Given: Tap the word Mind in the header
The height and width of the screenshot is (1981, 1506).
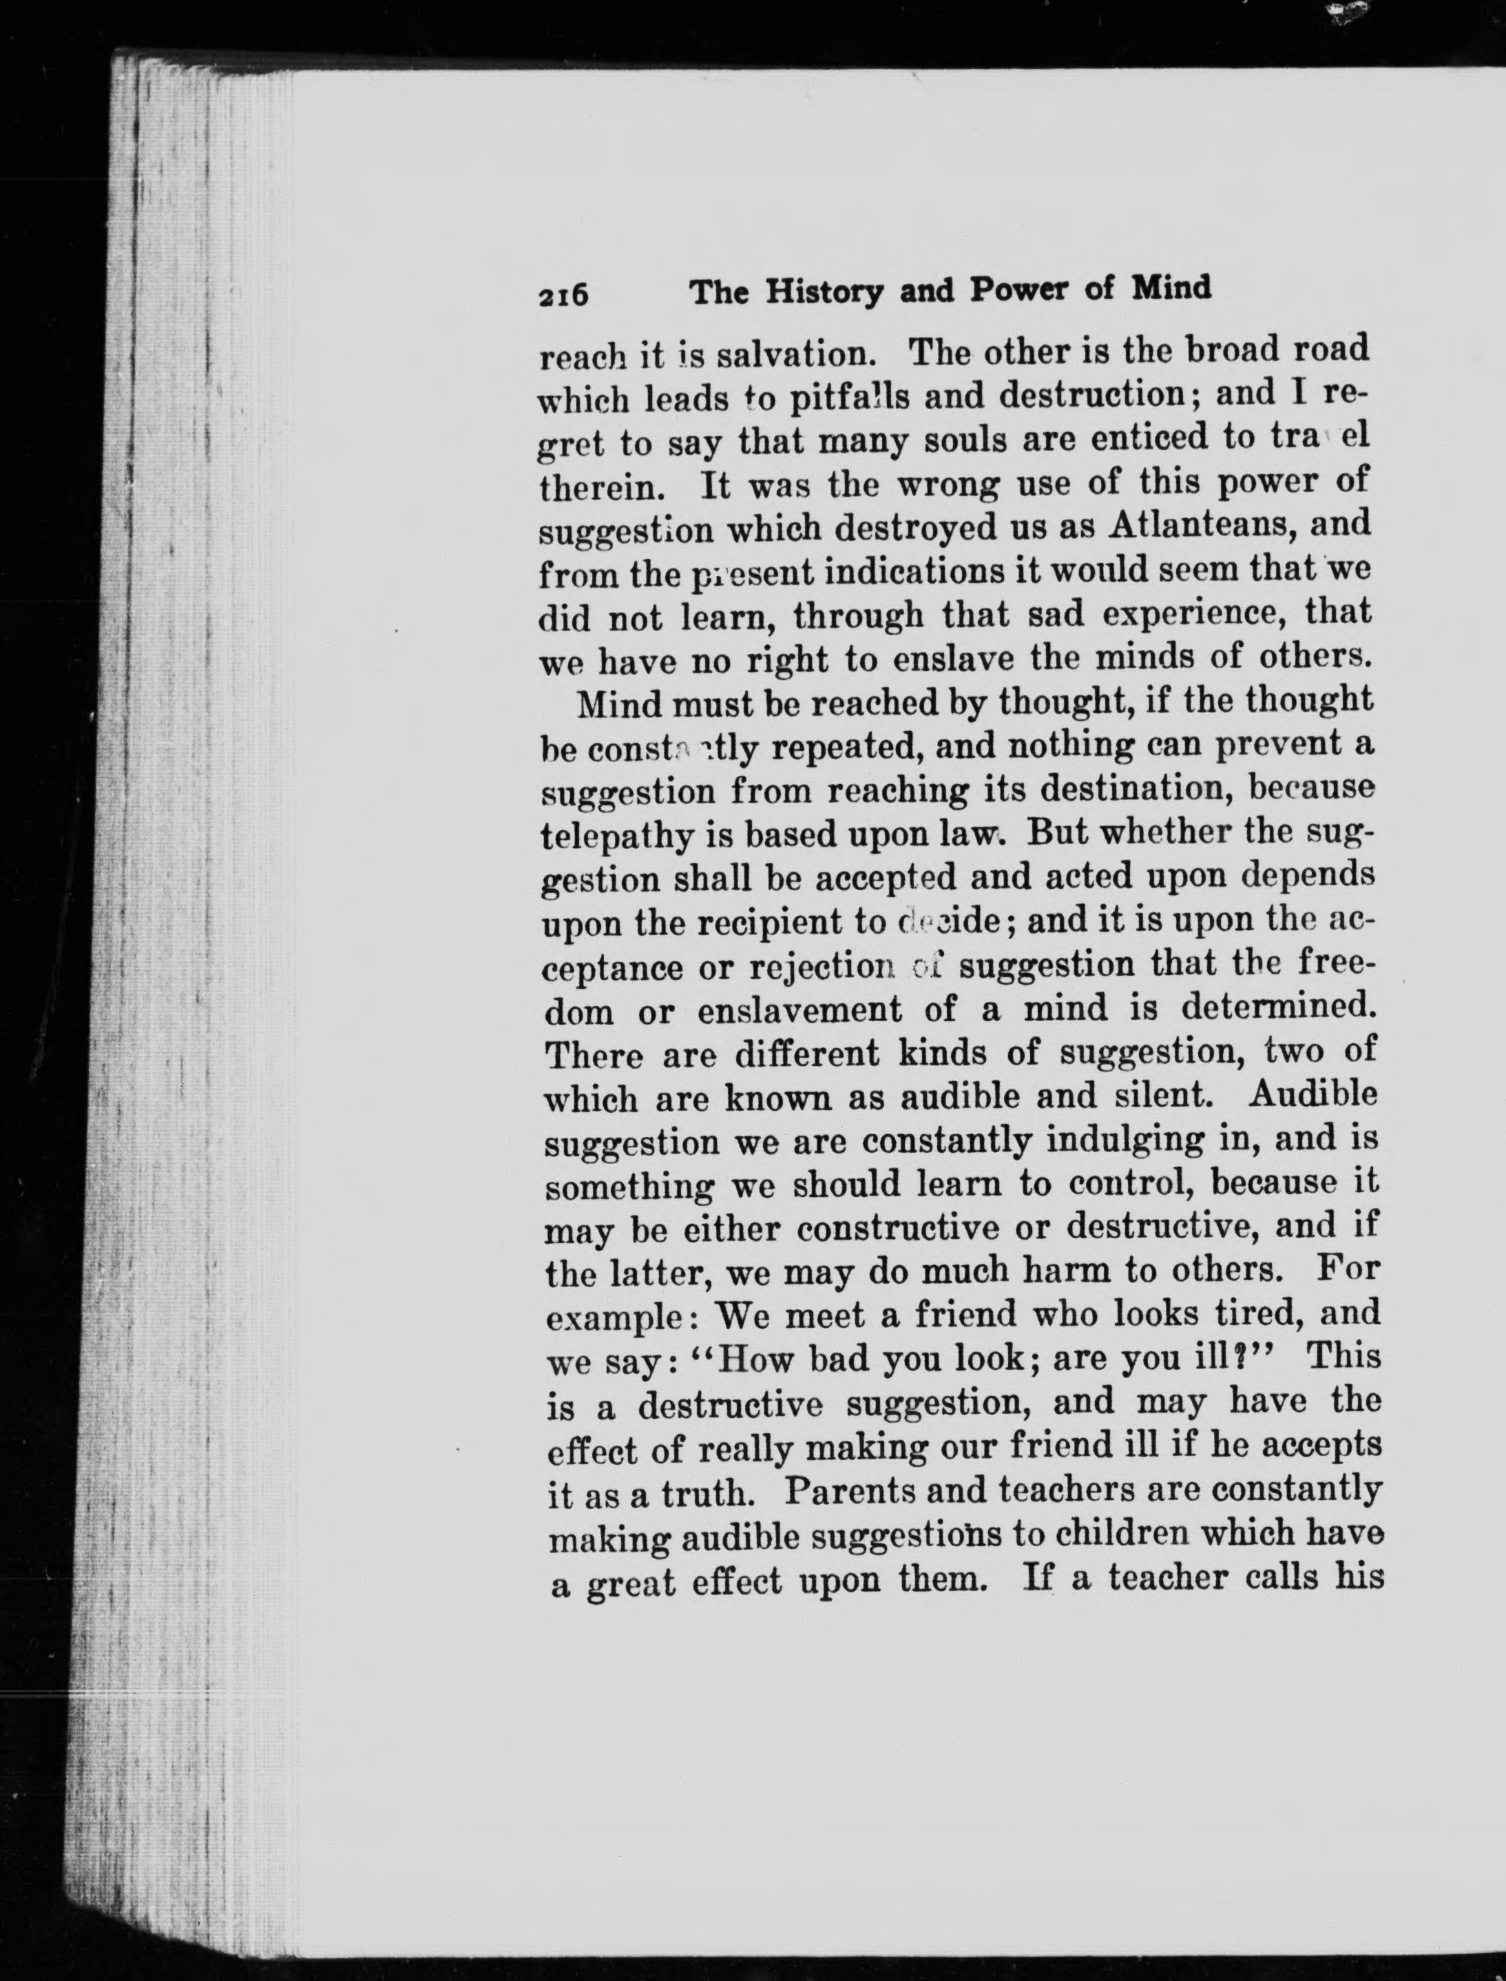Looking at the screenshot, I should tap(1171, 288).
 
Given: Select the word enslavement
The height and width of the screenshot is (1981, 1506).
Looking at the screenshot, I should tap(799, 1009).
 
